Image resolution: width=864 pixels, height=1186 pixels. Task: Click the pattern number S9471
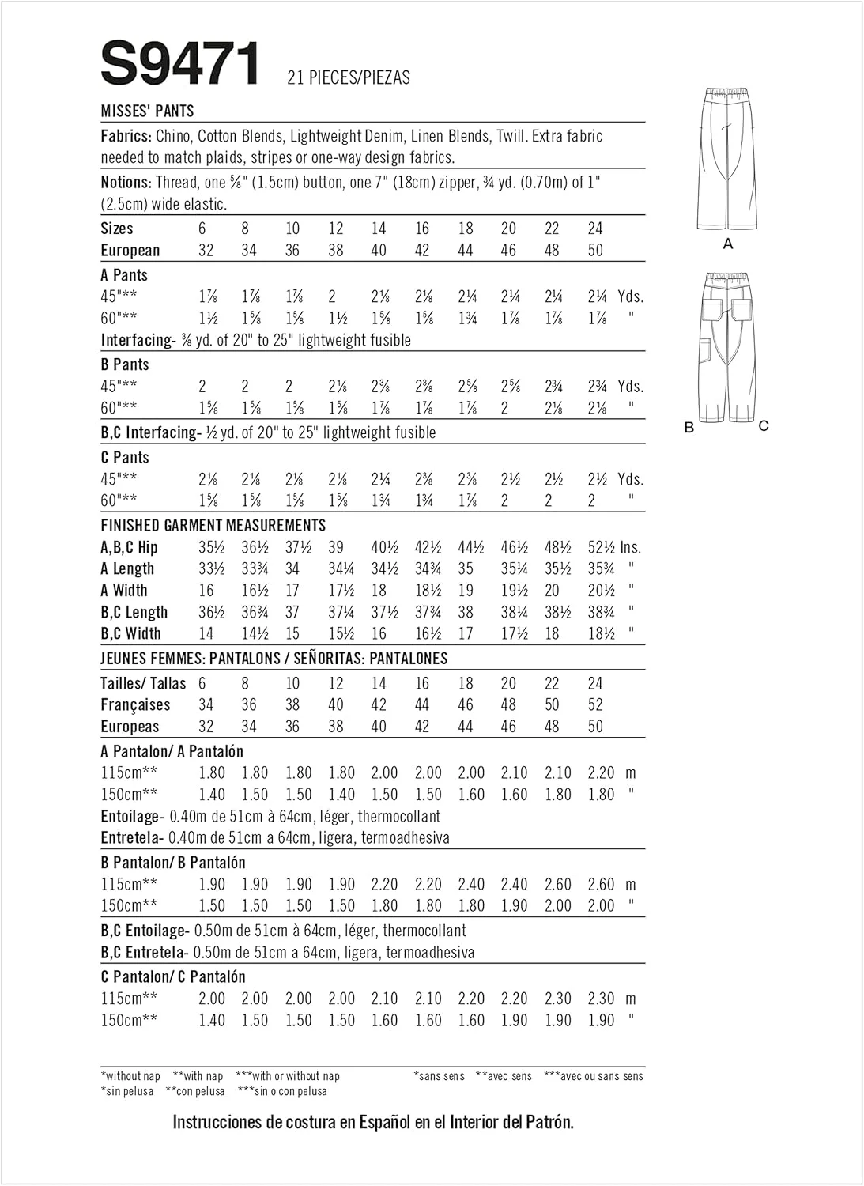coord(180,65)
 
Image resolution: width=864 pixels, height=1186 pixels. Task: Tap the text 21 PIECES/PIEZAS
coord(349,77)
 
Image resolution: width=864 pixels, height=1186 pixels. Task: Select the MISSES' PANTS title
coord(148,111)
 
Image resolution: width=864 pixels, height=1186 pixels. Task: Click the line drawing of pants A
coord(728,159)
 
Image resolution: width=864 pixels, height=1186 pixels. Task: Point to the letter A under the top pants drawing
coord(728,244)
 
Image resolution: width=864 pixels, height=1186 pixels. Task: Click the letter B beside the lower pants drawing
coord(689,427)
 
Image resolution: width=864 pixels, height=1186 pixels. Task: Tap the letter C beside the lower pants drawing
coord(764,425)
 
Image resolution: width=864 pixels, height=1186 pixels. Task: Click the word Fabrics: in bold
coord(126,136)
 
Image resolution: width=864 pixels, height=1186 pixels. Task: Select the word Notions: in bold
coord(126,182)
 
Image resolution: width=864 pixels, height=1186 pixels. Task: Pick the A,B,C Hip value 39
coord(335,547)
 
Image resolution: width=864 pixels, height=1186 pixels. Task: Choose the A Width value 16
coord(206,591)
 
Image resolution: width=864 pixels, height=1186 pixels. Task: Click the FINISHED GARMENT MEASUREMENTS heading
coord(213,525)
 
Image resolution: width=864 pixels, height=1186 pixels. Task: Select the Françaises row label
coord(135,704)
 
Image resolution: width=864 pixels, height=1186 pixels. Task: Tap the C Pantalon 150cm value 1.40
coord(212,1020)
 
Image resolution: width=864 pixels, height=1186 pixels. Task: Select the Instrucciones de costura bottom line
coord(373,1122)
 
